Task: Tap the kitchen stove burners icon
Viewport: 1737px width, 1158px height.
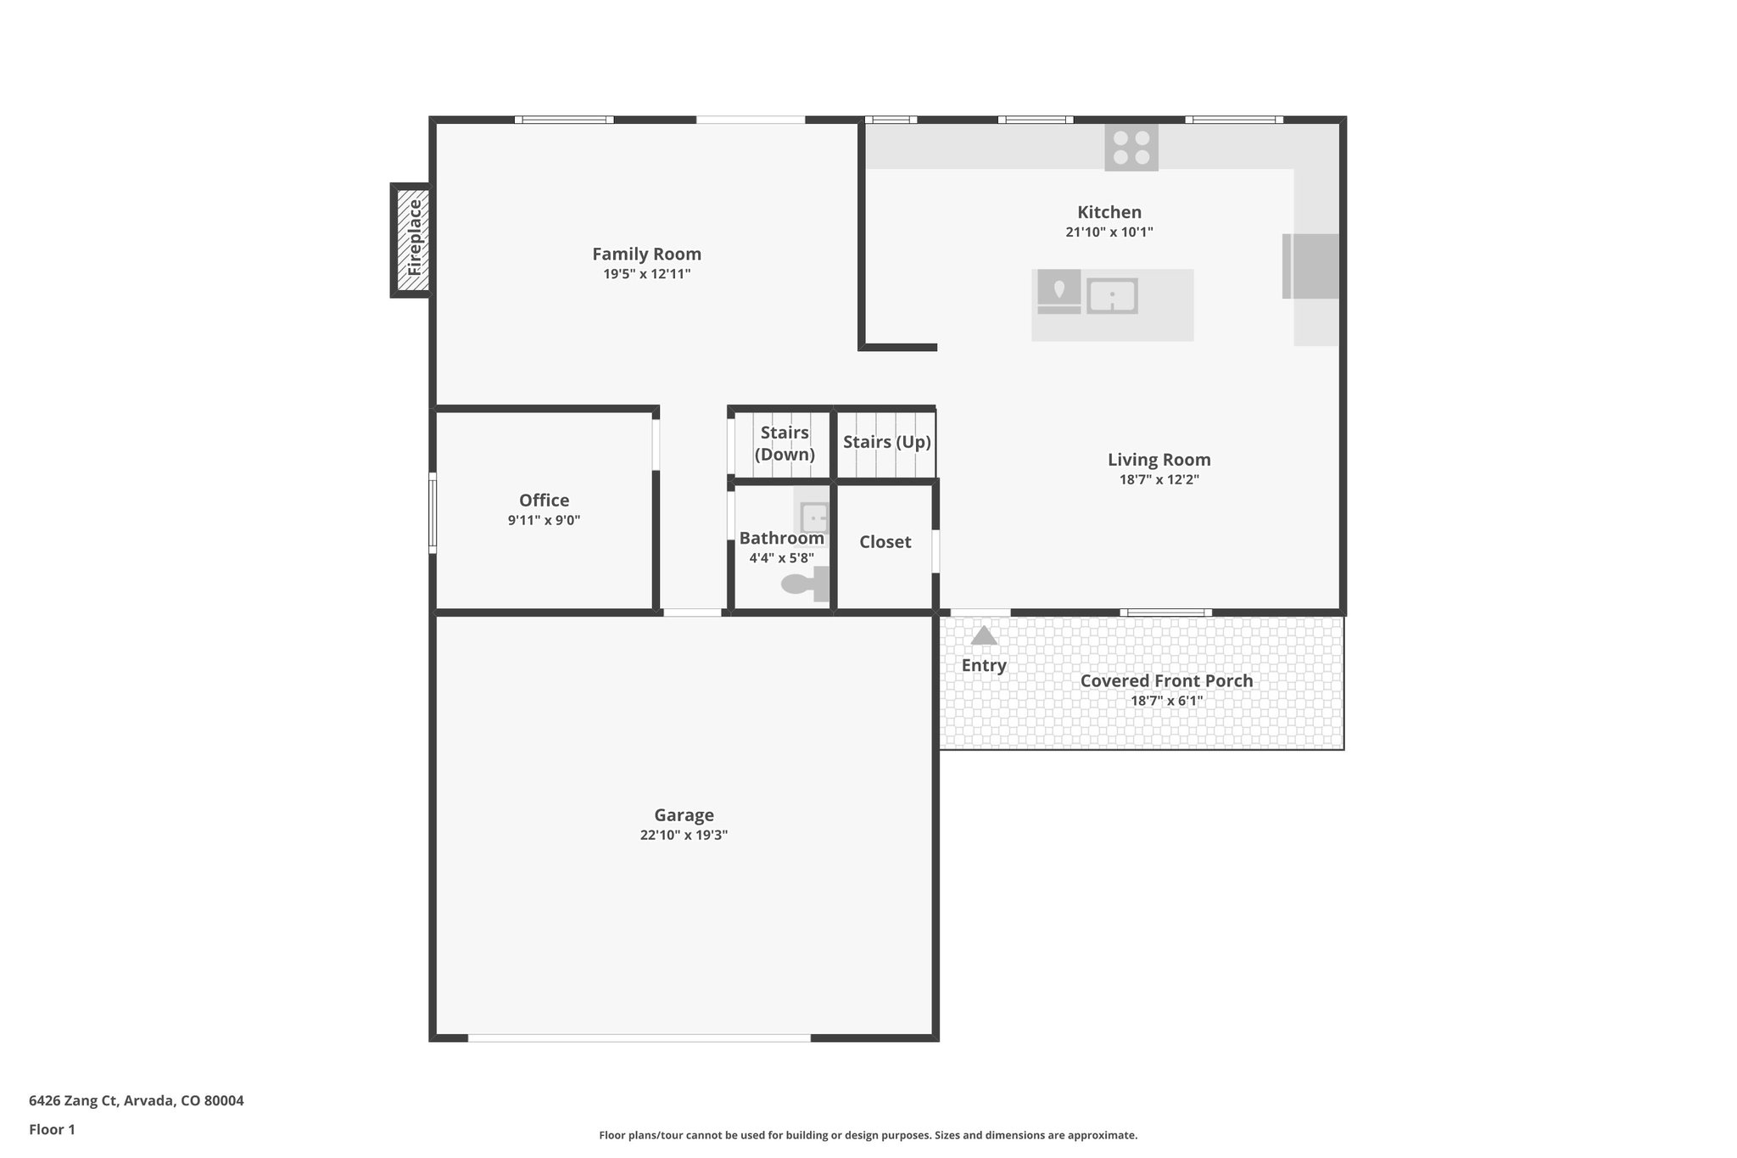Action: click(x=1131, y=148)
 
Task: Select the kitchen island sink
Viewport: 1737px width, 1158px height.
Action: click(x=1112, y=296)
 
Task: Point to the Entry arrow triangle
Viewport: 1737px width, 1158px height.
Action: click(x=984, y=635)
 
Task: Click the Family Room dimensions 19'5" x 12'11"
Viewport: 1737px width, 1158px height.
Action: click(x=646, y=274)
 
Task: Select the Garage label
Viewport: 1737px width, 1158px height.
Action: click(x=684, y=815)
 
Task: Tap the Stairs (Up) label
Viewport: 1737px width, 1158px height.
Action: click(x=886, y=442)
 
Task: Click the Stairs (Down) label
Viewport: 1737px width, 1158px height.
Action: click(x=785, y=443)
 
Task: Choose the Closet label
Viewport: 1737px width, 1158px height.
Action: click(x=885, y=542)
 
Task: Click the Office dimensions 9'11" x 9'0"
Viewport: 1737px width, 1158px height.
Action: click(x=544, y=521)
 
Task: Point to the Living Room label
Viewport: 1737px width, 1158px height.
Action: click(x=1159, y=460)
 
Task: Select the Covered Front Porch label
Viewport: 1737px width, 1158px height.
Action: click(x=1166, y=681)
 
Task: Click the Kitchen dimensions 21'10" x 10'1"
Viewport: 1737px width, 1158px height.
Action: click(x=1109, y=232)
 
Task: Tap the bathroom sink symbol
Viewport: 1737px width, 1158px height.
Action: click(x=813, y=515)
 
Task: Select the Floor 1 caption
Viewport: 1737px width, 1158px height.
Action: click(x=52, y=1130)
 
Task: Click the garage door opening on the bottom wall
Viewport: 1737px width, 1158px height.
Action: click(x=639, y=1038)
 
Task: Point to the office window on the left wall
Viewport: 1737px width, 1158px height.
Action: click(x=433, y=513)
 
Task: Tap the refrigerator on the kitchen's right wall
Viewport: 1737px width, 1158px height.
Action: click(x=1311, y=266)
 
